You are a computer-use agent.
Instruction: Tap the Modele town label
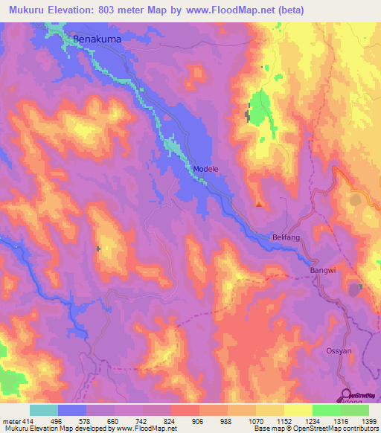[206, 169]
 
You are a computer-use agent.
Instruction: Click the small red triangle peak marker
[258, 204]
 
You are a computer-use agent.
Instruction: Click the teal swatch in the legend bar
[43, 410]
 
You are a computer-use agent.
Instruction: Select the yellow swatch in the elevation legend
[298, 410]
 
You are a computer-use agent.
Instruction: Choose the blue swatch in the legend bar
[72, 410]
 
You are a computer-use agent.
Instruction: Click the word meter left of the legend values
[10, 420]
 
